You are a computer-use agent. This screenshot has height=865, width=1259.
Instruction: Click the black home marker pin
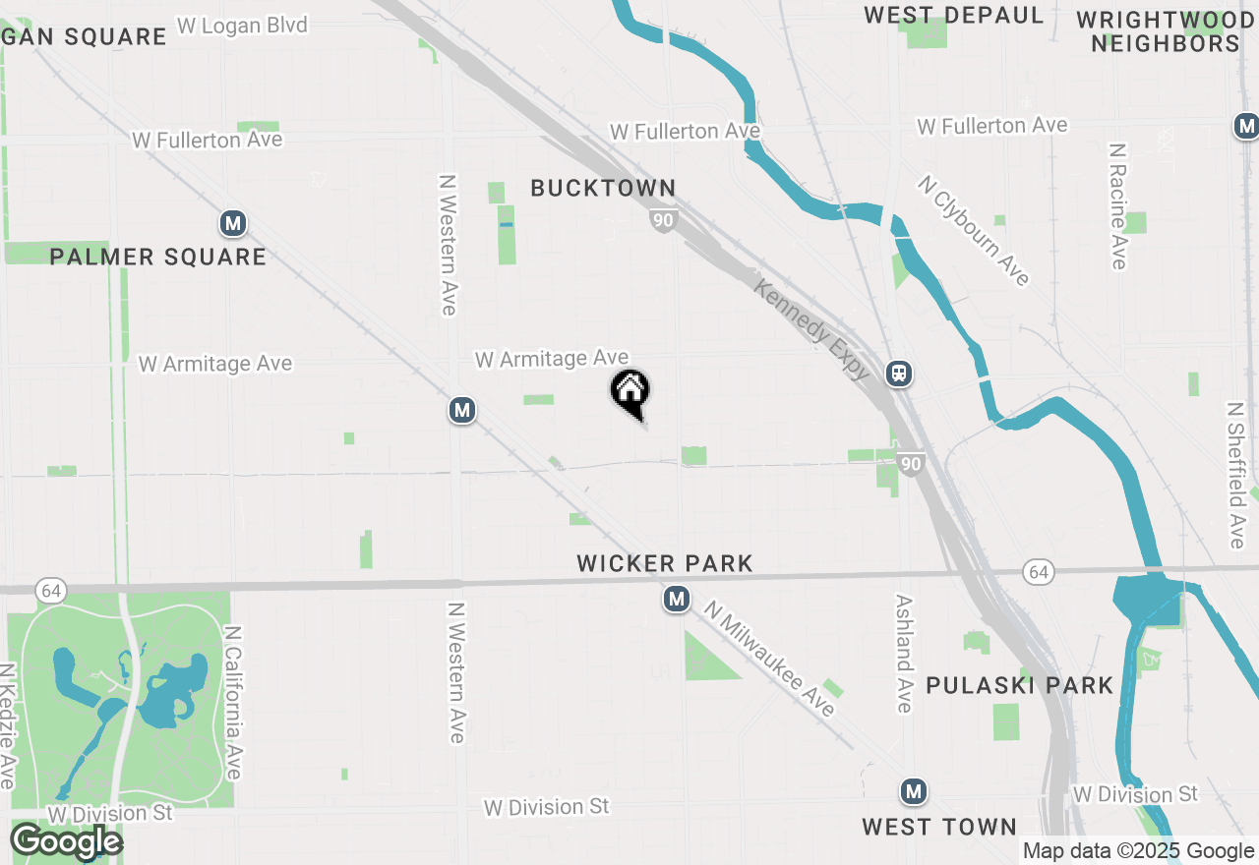point(630,393)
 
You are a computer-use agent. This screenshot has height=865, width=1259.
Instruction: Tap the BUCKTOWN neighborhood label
point(603,188)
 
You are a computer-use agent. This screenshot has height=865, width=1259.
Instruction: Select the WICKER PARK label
point(665,563)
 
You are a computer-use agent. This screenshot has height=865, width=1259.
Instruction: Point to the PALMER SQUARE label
point(158,258)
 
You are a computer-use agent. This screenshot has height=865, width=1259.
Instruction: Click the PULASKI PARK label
point(1020,685)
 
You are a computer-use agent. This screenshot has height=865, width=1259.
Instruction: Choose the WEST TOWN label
point(939,827)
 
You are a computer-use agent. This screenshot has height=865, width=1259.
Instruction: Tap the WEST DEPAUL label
point(954,15)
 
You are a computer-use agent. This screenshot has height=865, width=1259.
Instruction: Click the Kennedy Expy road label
point(812,328)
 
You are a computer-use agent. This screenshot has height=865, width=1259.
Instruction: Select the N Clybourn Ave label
point(974,231)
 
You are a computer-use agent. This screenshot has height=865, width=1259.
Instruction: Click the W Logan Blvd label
point(242,25)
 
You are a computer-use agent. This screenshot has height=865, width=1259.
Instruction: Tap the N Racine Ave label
point(1117,205)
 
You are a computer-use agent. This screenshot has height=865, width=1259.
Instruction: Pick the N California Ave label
point(233,702)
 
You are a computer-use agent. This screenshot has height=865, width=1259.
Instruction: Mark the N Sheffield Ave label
point(1236,474)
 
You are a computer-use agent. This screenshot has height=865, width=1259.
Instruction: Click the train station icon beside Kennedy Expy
point(898,374)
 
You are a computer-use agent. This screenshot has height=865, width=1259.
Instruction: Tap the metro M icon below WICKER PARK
point(676,599)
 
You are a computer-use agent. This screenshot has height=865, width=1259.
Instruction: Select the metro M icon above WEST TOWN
point(914,791)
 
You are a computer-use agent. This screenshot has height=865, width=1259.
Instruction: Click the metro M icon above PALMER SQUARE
point(233,224)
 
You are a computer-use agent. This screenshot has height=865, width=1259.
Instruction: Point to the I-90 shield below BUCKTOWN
point(663,220)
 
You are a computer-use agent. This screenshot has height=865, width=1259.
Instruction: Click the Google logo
point(66,841)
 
